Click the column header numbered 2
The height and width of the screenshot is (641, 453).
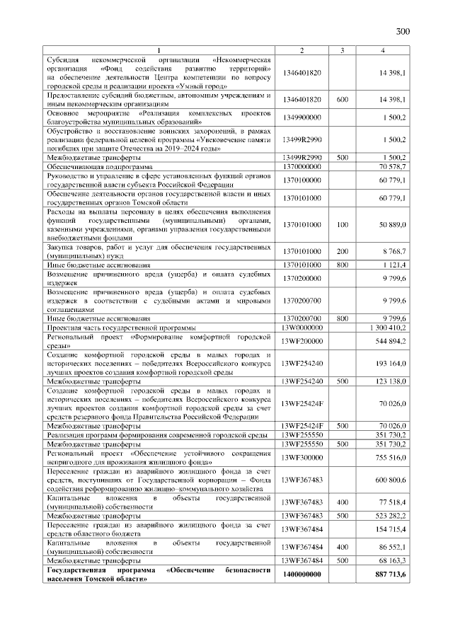click(302, 50)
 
